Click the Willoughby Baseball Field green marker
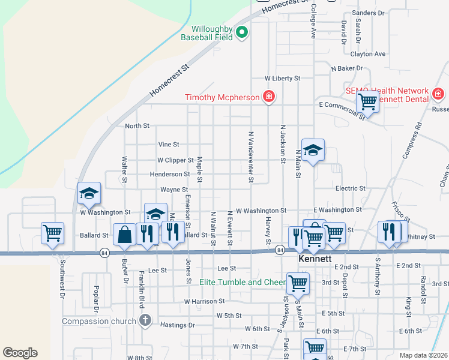tap(242, 32)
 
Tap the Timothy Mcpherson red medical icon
tap(269, 97)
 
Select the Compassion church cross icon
tap(144, 320)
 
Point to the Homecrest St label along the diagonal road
tap(169, 80)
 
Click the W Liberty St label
tap(283, 79)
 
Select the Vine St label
tap(169, 145)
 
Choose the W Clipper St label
tap(175, 160)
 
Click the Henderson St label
tap(170, 174)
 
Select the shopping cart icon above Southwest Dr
tap(52, 232)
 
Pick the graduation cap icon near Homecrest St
tap(89, 193)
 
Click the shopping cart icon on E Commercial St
tap(367, 101)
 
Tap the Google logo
tap(20, 353)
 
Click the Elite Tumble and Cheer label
tap(243, 282)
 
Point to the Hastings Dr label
tap(178, 325)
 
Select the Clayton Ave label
tap(368, 54)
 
